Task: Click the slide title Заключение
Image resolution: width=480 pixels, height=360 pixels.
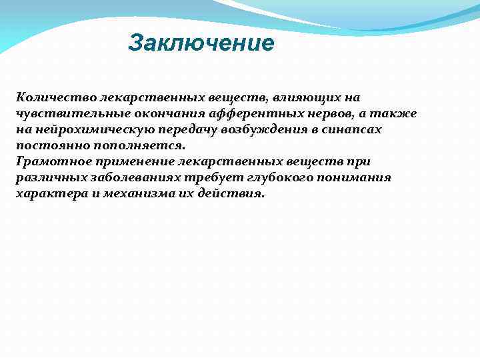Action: (201, 43)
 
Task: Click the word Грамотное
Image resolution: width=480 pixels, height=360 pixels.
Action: (48, 161)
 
